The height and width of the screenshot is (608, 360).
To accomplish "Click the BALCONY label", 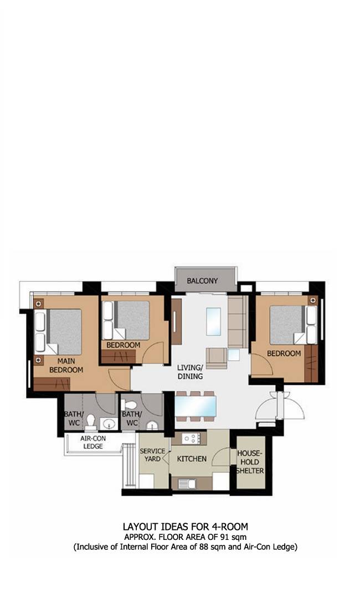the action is (202, 280).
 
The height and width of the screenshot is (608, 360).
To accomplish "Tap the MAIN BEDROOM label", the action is (66, 365).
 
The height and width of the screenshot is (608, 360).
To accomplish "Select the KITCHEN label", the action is (192, 458).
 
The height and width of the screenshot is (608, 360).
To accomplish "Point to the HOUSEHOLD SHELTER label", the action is (250, 462).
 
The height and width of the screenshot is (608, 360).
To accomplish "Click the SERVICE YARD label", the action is (152, 455).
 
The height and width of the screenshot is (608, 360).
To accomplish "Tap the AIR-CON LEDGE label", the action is (93, 442).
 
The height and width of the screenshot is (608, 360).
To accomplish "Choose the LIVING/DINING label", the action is (190, 372).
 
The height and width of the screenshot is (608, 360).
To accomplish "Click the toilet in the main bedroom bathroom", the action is (91, 422).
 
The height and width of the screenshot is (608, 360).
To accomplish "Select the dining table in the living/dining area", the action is (196, 406).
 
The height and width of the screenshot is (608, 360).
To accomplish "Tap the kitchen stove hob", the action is (191, 439).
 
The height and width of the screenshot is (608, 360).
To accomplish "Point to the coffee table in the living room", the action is (213, 322).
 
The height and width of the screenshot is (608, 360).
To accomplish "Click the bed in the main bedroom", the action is (58, 332).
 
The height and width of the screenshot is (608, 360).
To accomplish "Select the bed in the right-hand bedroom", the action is (294, 324).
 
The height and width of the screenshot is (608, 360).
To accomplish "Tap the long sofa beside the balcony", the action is (238, 322).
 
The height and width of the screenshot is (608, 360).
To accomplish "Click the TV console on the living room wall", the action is (176, 322).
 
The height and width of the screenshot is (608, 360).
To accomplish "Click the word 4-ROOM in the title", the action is (230, 527).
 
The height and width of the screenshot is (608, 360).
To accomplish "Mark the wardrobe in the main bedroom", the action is (52, 384).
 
